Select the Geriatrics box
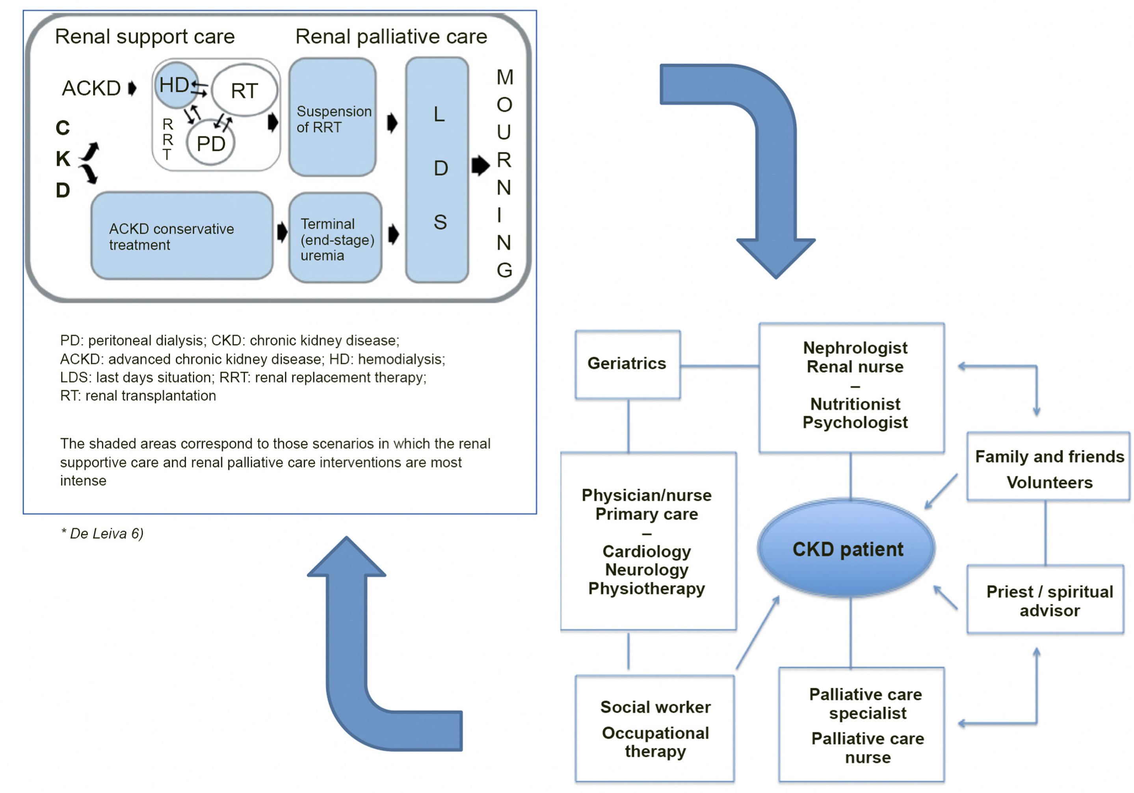(x=627, y=364)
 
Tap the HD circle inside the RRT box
(x=176, y=85)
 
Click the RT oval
(x=244, y=90)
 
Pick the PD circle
(x=210, y=144)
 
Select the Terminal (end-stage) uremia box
(x=335, y=239)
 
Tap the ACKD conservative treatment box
(x=182, y=236)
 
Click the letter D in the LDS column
(x=440, y=168)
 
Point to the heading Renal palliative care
(x=391, y=37)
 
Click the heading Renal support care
(x=145, y=37)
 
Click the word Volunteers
(x=1050, y=482)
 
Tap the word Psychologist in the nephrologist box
(x=855, y=423)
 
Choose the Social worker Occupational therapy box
(x=655, y=729)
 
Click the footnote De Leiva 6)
(x=102, y=534)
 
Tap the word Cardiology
(x=647, y=551)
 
